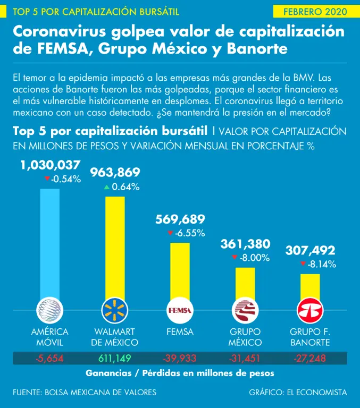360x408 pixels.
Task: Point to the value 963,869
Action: pos(115,173)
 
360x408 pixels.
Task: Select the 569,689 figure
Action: pos(180,219)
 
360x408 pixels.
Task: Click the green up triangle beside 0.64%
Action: pos(107,186)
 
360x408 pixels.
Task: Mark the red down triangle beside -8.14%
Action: pos(303,263)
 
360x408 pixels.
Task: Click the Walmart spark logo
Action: pos(115,310)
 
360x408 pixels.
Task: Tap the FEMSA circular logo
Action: pos(180,310)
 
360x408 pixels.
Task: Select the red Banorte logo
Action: pos(310,310)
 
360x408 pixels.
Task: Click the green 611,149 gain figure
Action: pos(115,358)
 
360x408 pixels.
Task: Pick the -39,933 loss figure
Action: pos(180,358)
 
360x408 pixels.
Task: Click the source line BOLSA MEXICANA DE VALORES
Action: pos(85,392)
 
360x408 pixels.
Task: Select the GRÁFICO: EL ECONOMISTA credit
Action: pos(297,392)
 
